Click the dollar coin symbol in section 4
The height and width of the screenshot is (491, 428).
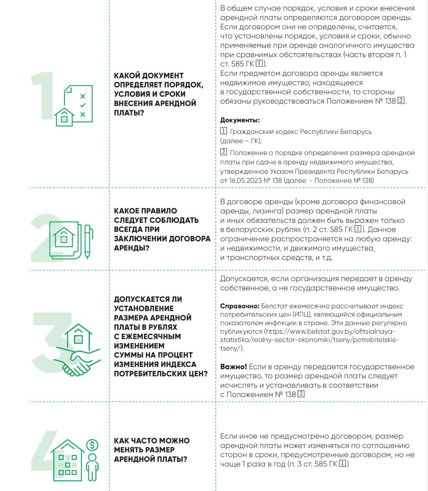(x=92, y=445)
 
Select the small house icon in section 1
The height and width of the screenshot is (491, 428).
(x=64, y=117)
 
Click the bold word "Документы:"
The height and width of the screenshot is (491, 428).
(x=240, y=120)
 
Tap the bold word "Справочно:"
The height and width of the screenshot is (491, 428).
(x=240, y=306)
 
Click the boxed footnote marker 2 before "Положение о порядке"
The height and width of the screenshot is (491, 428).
(x=224, y=152)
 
